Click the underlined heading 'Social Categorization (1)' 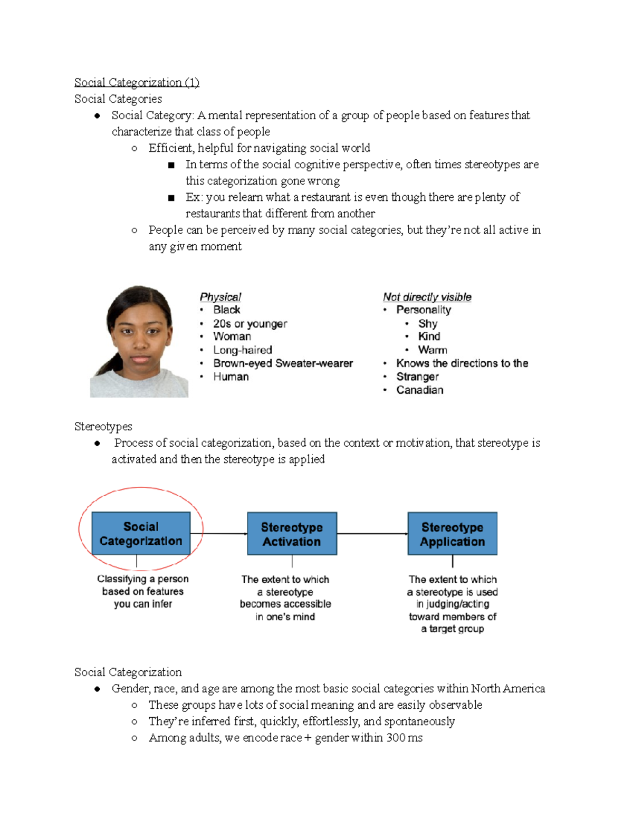[137, 82]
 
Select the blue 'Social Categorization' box [141, 533]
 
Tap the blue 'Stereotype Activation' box [292, 534]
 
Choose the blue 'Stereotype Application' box [452, 534]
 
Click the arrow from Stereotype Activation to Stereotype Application [372, 534]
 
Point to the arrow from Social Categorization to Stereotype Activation [219, 534]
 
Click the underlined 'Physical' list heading [220, 297]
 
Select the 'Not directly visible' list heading [427, 297]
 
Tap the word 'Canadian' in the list [419, 390]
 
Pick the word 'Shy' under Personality [427, 323]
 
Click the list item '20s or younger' [250, 323]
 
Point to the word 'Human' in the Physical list [231, 377]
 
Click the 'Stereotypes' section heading [103, 426]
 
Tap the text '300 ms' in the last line [404, 737]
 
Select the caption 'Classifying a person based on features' [142, 585]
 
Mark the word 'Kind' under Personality [429, 336]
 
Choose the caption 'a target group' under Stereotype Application [452, 629]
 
